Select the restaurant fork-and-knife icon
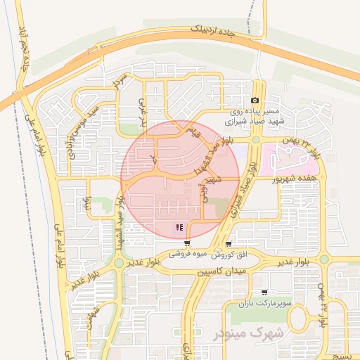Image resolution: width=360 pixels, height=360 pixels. [x=181, y=227]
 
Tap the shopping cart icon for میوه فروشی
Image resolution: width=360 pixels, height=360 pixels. [x=186, y=243]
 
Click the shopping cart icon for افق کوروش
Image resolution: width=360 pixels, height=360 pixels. [x=229, y=243]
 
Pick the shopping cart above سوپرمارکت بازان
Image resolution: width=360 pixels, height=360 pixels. [x=264, y=292]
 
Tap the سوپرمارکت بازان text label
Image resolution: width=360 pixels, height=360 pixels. [x=264, y=303]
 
